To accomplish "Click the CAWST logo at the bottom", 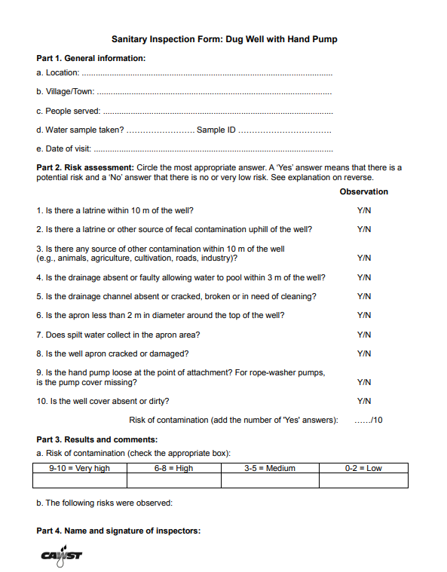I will pyautogui.click(x=62, y=555).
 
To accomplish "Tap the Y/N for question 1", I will pyautogui.click(x=364, y=210).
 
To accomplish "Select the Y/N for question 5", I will pyautogui.click(x=364, y=296).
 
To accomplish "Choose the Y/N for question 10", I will pyautogui.click(x=364, y=401).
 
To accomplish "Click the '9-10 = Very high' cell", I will pyautogui.click(x=79, y=468).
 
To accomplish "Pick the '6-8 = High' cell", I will pyautogui.click(x=173, y=468).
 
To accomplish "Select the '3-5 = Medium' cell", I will pyautogui.click(x=270, y=468).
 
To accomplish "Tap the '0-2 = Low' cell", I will pyautogui.click(x=363, y=468).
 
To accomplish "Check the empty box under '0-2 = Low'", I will pyautogui.click(x=363, y=480).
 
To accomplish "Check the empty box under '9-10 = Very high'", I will pyautogui.click(x=79, y=480).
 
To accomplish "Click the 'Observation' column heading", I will pyautogui.click(x=364, y=191).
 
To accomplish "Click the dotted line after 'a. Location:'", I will pyautogui.click(x=207, y=74).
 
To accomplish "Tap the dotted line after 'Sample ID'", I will pyautogui.click(x=285, y=130).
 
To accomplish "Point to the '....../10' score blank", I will pyautogui.click(x=368, y=420).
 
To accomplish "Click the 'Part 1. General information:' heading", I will pyautogui.click(x=91, y=58).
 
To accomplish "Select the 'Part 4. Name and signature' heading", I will pyautogui.click(x=118, y=531).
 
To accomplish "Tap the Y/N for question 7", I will pyautogui.click(x=364, y=334).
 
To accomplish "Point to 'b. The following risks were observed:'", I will pyautogui.click(x=105, y=502).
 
